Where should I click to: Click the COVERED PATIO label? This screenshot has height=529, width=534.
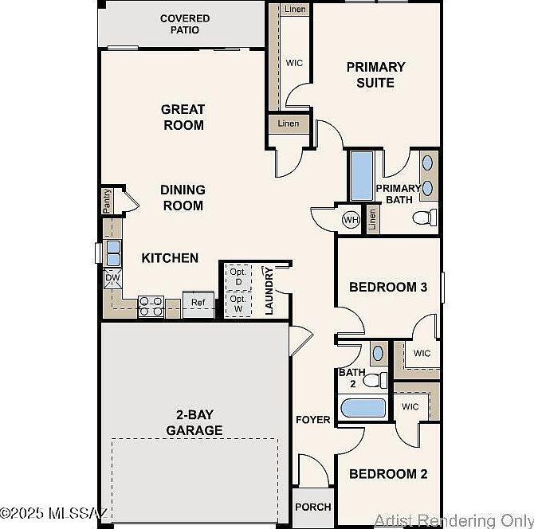pos(185,24)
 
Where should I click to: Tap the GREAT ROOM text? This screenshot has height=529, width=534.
pos(183,117)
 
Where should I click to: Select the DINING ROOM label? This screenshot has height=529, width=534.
pos(183,198)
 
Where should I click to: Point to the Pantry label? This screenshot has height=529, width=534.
pos(108,201)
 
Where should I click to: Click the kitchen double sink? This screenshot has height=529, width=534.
pos(113,253)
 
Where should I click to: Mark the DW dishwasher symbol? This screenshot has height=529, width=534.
pos(112,278)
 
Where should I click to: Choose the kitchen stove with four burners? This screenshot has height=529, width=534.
pos(151,306)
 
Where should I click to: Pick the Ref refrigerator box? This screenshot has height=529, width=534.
pos(198,304)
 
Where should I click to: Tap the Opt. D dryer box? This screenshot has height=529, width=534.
pos(238,276)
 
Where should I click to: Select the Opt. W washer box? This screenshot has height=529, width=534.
pos(238,304)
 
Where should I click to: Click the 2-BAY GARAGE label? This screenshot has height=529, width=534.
pos(194,422)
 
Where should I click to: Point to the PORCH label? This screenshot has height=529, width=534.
pos(312,507)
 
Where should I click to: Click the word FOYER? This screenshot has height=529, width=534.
pos(313,420)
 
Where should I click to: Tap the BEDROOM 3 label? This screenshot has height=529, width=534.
pos(388,287)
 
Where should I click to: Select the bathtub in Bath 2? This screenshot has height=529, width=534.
pos(363,409)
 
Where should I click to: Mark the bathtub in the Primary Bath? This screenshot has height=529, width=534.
pos(362,175)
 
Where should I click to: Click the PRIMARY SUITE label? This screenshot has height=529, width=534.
pos(375,74)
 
